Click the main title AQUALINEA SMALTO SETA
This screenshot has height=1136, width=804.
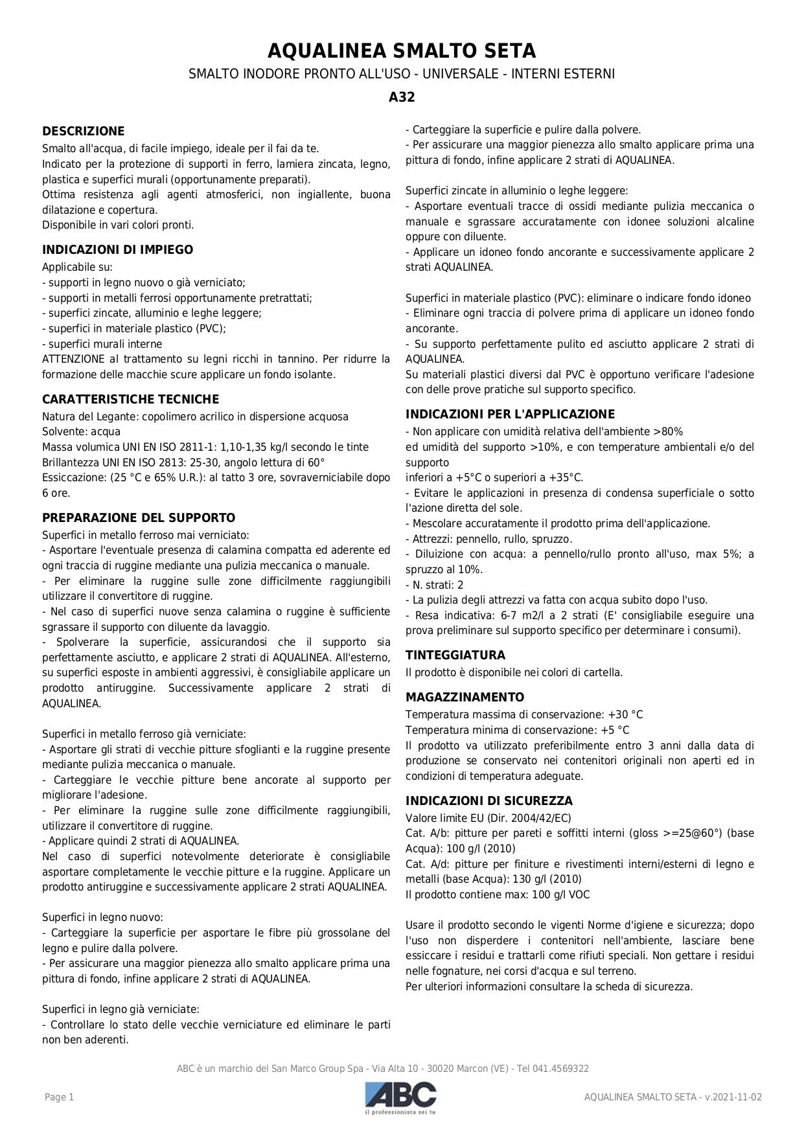402,51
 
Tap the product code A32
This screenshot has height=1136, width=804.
402,97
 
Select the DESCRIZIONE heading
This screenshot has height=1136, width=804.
83,131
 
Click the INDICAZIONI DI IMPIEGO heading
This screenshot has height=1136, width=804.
117,250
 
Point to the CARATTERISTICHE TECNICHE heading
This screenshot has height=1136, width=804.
130,400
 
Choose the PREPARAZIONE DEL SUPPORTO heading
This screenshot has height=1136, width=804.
139,518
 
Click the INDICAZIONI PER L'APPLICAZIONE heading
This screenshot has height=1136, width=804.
510,415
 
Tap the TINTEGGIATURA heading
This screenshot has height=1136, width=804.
455,655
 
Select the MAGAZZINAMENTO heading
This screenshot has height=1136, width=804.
465,698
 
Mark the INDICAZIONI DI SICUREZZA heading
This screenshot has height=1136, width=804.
488,801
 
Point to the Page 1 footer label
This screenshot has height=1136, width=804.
59,1097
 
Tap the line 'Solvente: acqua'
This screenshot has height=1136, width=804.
81,432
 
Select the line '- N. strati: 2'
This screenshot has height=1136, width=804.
434,585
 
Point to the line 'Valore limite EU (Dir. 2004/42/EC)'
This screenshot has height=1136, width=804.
488,818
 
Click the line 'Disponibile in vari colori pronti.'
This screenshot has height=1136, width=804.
118,225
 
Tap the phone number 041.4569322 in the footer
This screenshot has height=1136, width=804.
562,1069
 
